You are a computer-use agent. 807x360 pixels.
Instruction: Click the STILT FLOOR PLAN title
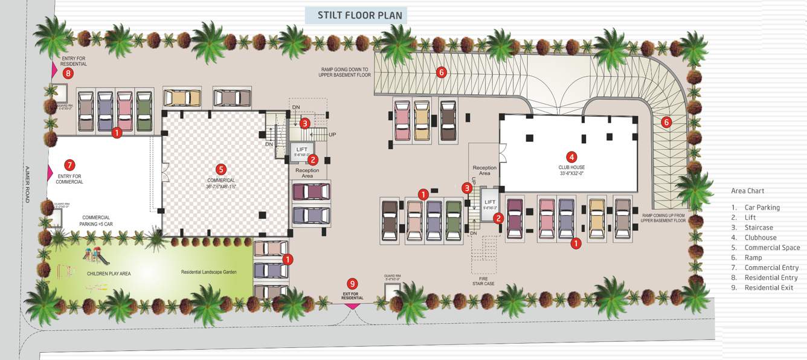pos(356,15)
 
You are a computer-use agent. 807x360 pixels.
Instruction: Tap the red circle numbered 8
pos(68,73)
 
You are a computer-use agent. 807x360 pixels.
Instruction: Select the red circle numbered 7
pos(69,164)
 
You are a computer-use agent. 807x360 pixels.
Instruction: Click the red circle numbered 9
pos(352,283)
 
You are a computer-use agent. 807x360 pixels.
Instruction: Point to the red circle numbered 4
pos(571,156)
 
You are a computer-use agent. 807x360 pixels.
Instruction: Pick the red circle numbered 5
pos(221,169)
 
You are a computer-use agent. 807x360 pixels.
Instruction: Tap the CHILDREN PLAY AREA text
pos(109,274)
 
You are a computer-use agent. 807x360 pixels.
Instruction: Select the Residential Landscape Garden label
pos(209,272)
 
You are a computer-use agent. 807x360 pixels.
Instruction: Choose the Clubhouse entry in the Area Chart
pos(760,238)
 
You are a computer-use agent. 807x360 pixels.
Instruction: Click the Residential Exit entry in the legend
pos(769,288)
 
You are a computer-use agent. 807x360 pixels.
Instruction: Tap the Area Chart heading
pos(747,191)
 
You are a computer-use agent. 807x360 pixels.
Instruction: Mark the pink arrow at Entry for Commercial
pos(50,173)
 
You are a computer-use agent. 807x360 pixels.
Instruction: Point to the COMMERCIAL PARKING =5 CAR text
pos(97,220)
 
